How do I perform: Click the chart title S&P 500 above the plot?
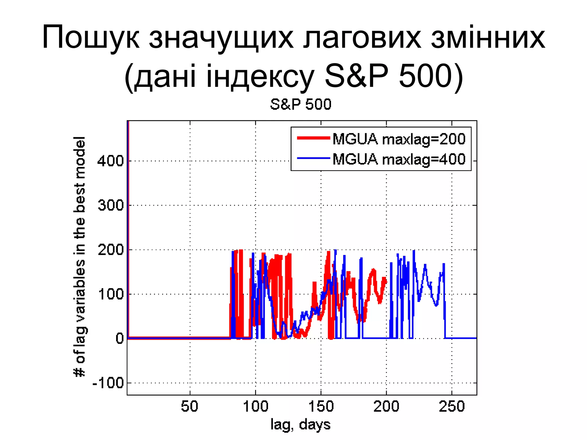click(x=301, y=104)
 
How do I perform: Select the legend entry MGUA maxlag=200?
click(x=399, y=139)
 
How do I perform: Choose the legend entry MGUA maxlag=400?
click(x=399, y=159)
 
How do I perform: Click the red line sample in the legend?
click(x=314, y=138)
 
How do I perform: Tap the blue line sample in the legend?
click(x=314, y=158)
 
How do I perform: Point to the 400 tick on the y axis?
click(x=111, y=161)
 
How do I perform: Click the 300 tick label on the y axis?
click(x=111, y=205)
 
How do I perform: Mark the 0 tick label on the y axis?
click(x=120, y=339)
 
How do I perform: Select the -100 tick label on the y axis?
click(x=108, y=383)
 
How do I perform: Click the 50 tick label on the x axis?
click(x=190, y=406)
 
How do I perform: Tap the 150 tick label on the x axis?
click(x=321, y=406)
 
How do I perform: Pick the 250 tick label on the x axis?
click(x=452, y=406)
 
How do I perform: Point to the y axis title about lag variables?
click(x=80, y=256)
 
